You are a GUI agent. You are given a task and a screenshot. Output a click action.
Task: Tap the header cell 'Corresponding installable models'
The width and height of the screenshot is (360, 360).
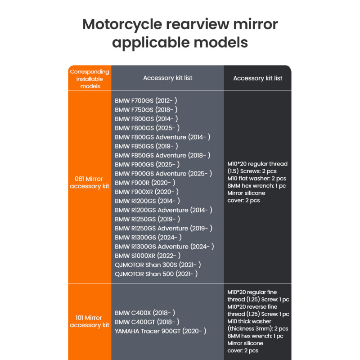[90, 79]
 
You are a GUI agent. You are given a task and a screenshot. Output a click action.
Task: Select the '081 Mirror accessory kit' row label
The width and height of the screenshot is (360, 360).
[90, 183]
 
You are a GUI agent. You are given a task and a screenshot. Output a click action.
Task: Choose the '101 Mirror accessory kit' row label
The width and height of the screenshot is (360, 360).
[90, 321]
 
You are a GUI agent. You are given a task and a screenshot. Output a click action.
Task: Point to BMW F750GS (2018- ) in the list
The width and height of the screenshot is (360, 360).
[146, 109]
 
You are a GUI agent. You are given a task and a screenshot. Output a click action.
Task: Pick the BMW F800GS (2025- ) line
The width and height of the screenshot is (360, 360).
[147, 128]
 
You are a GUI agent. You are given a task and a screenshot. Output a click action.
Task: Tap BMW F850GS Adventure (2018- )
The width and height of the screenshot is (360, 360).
[162, 155]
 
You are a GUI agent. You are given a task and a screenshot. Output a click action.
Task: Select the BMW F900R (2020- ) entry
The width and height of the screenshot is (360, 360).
[145, 183]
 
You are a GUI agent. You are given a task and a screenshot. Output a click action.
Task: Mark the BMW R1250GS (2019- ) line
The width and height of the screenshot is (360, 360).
[147, 219]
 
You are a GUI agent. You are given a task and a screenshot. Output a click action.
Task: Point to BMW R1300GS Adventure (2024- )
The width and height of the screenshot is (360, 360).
[164, 247]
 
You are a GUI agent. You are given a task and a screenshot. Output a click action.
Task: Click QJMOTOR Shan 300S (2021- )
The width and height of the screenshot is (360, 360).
[157, 265]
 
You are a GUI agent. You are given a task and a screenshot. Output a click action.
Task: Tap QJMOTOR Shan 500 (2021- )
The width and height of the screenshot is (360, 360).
[156, 274]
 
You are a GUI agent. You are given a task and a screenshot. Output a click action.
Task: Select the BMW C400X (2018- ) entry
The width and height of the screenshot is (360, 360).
[145, 313]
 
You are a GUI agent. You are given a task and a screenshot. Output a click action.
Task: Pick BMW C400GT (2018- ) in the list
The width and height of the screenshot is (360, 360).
[147, 322]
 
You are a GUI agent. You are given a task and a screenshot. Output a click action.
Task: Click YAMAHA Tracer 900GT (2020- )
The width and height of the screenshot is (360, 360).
[161, 331]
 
